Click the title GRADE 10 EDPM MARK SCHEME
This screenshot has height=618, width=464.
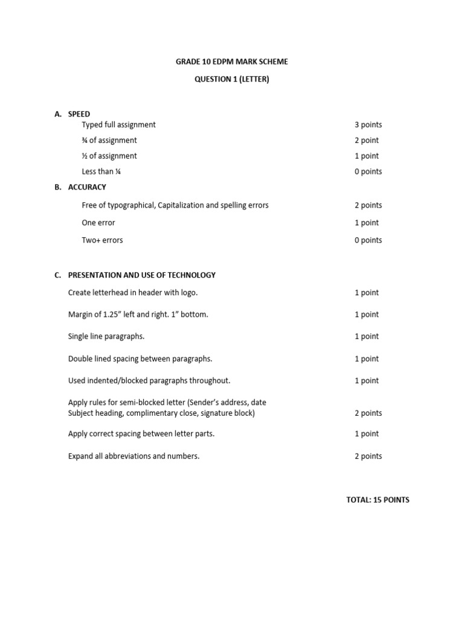(x=232, y=62)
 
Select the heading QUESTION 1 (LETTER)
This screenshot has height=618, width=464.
(x=232, y=79)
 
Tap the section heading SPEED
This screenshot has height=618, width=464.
(x=79, y=114)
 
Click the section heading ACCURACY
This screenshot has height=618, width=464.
(x=87, y=187)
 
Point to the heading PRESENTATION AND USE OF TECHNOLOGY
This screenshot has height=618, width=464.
(x=141, y=275)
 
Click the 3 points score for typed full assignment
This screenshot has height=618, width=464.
(x=368, y=125)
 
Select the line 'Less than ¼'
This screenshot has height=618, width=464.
(x=97, y=171)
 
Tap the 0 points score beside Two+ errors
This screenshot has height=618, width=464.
(x=368, y=240)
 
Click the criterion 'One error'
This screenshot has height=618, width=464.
(x=98, y=223)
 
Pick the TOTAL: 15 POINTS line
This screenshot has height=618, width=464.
(x=378, y=500)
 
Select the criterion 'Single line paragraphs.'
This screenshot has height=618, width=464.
(x=106, y=336)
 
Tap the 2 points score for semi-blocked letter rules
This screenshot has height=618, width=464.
(x=368, y=413)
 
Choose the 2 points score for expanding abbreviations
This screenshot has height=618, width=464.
(x=368, y=456)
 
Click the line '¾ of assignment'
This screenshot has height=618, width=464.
(x=109, y=141)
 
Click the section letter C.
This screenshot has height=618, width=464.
(x=57, y=275)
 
